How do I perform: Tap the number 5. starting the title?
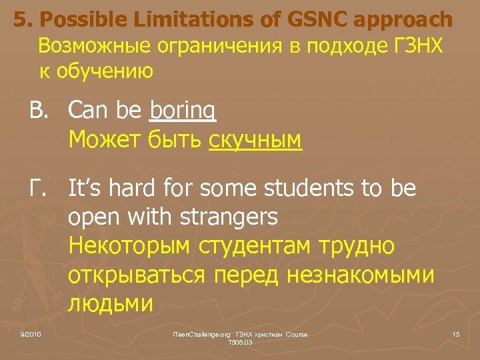21,20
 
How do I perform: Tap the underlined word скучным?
255,140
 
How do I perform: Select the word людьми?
111,303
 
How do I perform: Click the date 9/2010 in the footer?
31,334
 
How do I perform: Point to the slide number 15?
455,334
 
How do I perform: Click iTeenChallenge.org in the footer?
200,334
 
